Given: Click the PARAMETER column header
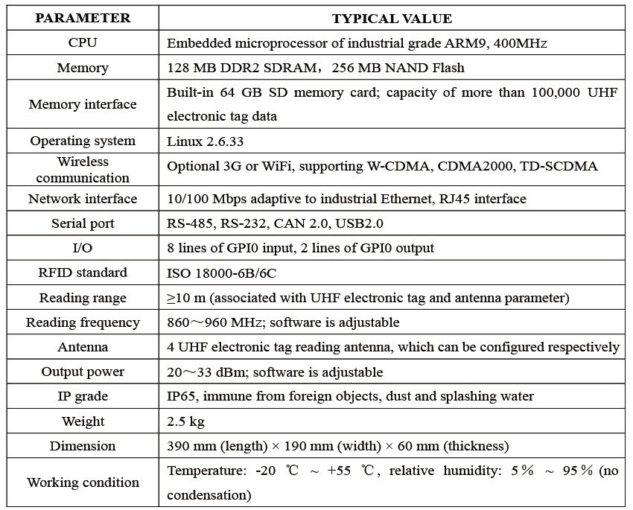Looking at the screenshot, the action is tap(83, 18).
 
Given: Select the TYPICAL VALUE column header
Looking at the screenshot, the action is tap(392, 19).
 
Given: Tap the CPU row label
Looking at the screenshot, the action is tap(83, 42).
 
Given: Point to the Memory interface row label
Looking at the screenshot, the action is tap(83, 104).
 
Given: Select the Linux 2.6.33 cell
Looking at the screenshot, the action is tap(206, 141).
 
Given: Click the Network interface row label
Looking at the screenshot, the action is tap(83, 199).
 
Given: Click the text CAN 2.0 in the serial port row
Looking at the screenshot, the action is tap(301, 223).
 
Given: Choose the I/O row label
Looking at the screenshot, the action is tap(83, 248).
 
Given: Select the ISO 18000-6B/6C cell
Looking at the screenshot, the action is tap(222, 273).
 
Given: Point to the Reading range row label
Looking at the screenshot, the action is tap(83, 298).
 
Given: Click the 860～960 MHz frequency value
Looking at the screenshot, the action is tap(214, 322).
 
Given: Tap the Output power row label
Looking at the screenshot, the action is tap(83, 372).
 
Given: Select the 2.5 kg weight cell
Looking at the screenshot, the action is tap(185, 421).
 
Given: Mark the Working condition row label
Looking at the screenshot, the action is tap(83, 482).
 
